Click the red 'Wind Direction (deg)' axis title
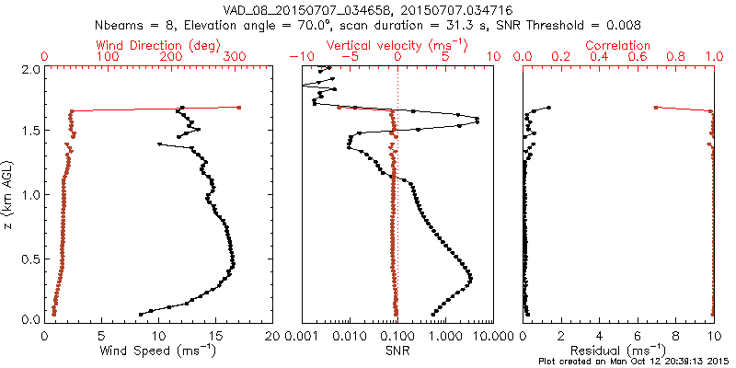(159, 45)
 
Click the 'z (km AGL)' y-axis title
(10, 194)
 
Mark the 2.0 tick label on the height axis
(30, 69)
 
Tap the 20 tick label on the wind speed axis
(271, 336)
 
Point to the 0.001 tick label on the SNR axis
(304, 336)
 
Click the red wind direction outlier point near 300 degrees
(239, 108)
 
